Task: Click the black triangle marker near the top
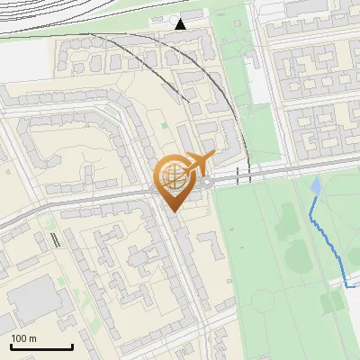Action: [x=181, y=24]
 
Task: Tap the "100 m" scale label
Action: [x=23, y=338]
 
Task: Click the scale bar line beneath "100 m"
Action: [x=41, y=347]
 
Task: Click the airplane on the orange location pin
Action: [x=198, y=163]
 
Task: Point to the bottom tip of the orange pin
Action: [x=171, y=211]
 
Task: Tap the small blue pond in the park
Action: [x=314, y=186]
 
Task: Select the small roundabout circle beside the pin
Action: [x=208, y=182]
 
